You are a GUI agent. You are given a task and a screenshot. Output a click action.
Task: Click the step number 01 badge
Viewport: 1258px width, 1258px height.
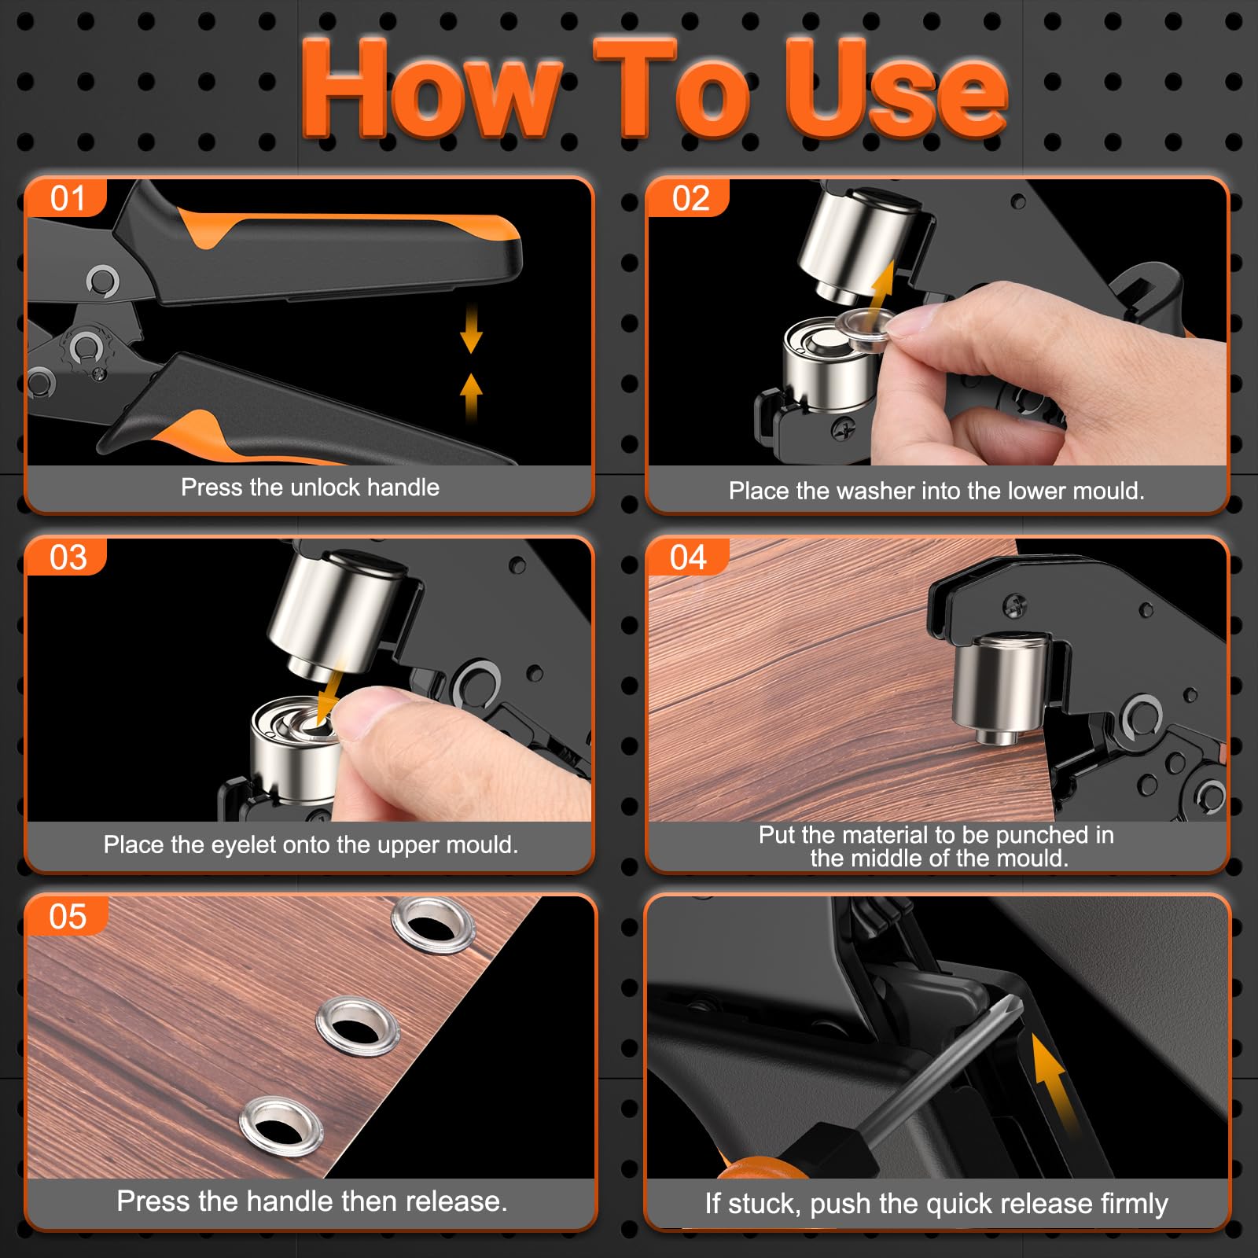pyautogui.click(x=67, y=198)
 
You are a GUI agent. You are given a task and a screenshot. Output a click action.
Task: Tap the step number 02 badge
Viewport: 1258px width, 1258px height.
pyautogui.click(x=690, y=198)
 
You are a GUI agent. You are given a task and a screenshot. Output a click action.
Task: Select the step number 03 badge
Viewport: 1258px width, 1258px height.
pyautogui.click(x=68, y=557)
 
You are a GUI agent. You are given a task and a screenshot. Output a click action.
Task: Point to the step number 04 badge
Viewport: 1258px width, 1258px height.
pyautogui.click(x=689, y=557)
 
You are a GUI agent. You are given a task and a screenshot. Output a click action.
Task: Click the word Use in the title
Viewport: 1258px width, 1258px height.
pyautogui.click(x=896, y=88)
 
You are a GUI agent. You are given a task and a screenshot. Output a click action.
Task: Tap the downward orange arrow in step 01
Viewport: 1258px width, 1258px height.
pyautogui.click(x=471, y=328)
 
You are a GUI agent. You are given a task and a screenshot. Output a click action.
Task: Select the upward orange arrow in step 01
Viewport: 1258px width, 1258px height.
pyautogui.click(x=471, y=397)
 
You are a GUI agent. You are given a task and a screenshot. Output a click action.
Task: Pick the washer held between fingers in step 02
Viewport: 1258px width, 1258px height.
pyautogui.click(x=866, y=323)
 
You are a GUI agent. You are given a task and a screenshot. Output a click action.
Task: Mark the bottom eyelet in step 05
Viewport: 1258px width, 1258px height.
pyautogui.click(x=281, y=1125)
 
